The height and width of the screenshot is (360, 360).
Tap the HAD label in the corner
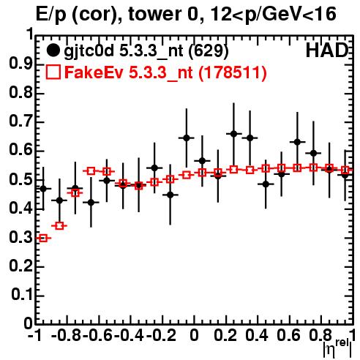(x=327, y=50)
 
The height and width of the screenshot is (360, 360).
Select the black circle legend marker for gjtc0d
(x=53, y=50)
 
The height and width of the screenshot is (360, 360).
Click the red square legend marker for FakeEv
(x=53, y=72)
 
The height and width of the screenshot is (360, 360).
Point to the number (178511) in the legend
(x=233, y=72)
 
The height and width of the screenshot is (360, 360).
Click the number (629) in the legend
(x=209, y=51)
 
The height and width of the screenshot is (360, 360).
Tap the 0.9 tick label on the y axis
(x=20, y=64)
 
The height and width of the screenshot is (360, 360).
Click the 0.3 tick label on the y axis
(x=20, y=237)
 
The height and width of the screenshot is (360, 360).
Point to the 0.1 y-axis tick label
(x=21, y=295)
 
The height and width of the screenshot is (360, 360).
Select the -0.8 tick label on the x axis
(x=67, y=335)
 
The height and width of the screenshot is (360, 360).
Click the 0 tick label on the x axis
(x=194, y=335)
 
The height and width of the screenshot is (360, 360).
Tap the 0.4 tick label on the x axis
(x=257, y=335)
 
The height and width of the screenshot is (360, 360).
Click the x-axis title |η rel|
(x=337, y=348)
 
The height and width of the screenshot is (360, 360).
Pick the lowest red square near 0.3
(x=43, y=238)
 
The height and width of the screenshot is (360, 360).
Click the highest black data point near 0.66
(x=233, y=134)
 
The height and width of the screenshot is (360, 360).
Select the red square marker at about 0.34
(x=59, y=226)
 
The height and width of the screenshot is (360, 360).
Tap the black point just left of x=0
(x=187, y=138)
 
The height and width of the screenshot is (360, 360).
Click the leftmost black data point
(x=43, y=189)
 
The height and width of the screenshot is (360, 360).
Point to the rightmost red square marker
(x=345, y=170)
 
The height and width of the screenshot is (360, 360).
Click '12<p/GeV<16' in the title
(x=273, y=14)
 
